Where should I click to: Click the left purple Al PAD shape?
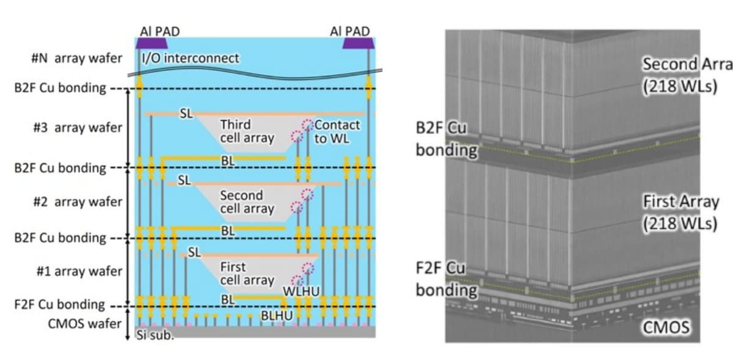151,43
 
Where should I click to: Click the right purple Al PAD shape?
357,43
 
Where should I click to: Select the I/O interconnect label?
190,59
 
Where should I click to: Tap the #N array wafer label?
76,59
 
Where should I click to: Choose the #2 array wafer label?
79,202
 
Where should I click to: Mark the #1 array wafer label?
79,271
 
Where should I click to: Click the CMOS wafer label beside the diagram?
84,323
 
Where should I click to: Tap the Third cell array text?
247,131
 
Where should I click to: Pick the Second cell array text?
247,202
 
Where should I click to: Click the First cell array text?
247,273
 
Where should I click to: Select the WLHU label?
302,291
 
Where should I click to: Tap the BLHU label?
277,315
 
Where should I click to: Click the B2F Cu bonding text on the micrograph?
445,138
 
